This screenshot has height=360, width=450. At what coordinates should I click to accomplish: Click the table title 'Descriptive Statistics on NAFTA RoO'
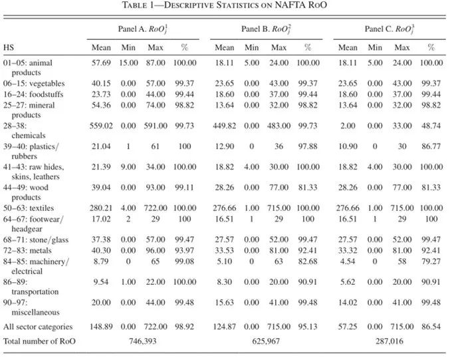(225, 5)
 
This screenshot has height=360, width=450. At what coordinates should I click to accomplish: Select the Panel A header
(143, 29)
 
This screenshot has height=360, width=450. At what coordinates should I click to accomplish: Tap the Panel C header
(390, 29)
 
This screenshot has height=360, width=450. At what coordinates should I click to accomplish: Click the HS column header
(9, 47)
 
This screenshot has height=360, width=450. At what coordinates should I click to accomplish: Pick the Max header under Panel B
(279, 47)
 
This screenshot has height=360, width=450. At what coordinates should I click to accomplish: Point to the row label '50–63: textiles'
(29, 208)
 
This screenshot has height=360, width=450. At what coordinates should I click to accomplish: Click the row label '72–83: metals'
(27, 250)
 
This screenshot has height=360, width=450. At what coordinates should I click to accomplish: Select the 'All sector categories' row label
(38, 327)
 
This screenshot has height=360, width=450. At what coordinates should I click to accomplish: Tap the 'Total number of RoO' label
(39, 341)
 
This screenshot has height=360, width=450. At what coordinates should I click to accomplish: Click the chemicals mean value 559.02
(101, 126)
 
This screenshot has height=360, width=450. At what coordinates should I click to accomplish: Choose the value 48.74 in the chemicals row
(431, 126)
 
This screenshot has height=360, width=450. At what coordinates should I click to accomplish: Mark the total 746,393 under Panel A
(143, 341)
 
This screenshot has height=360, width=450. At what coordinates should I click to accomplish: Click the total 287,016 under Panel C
(389, 341)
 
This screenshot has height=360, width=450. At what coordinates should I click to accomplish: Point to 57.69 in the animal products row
(101, 63)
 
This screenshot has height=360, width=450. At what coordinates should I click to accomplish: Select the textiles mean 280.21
(101, 208)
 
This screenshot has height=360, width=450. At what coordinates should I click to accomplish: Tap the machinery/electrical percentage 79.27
(431, 261)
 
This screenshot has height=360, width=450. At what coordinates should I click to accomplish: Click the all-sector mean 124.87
(225, 327)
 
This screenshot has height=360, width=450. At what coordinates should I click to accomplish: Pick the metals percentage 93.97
(185, 250)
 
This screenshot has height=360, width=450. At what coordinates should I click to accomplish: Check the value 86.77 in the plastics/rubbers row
(431, 146)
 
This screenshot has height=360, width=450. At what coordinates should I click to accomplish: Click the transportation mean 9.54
(101, 281)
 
